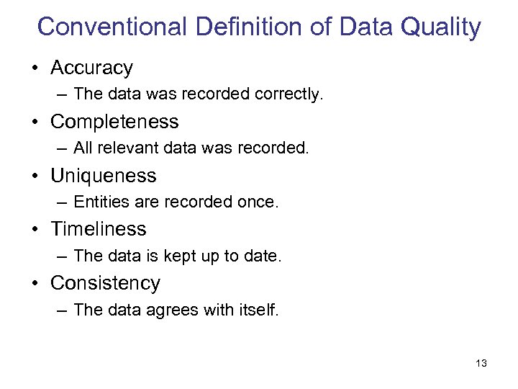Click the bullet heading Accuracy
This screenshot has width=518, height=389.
(91, 68)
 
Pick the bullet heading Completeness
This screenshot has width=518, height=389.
(114, 121)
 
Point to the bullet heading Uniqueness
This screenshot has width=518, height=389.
(103, 175)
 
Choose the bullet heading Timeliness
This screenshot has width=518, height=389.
(98, 229)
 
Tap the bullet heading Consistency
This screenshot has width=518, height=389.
(105, 283)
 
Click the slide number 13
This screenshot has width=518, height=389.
(481, 363)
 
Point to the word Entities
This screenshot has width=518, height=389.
(98, 202)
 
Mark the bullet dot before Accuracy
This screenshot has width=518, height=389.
(35, 68)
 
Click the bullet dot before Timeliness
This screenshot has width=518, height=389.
(35, 230)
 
